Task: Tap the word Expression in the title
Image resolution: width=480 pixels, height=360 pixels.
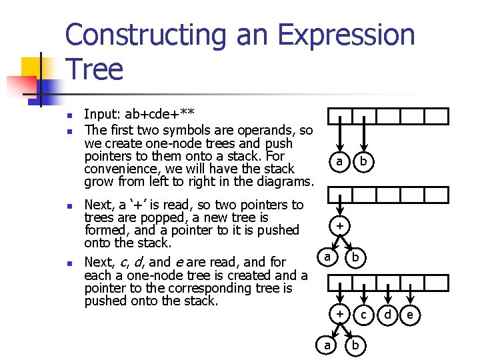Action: pos(347,36)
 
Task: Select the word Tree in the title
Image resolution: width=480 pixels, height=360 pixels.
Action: pos(94,69)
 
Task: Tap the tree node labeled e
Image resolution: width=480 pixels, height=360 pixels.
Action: pos(411,314)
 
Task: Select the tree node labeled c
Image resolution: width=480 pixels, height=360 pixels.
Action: pos(364,314)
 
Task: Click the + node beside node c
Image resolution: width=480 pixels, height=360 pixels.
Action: pos(340,313)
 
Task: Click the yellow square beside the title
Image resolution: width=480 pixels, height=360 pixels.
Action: pos(32,67)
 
